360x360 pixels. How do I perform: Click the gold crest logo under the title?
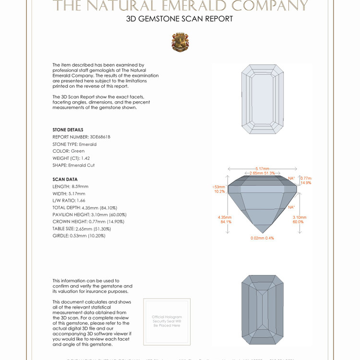coord(180,42)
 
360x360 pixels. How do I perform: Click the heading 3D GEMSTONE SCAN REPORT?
coord(180,19)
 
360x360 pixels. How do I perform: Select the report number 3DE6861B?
coord(101,137)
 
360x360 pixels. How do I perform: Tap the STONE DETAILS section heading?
coord(68,130)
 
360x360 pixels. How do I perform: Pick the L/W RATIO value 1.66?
coord(84,200)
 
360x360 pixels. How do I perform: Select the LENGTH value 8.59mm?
coord(80,186)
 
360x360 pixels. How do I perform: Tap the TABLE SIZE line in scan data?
coord(79,228)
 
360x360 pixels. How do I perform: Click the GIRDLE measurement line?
coord(79,236)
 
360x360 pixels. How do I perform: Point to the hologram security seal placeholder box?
coord(167,321)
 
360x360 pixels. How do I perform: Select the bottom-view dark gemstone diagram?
coord(262,310)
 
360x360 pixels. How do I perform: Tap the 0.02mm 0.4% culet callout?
coord(262,238)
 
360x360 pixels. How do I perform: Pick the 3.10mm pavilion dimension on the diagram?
coord(298,219)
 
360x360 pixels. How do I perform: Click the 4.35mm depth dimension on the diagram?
coord(225,219)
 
